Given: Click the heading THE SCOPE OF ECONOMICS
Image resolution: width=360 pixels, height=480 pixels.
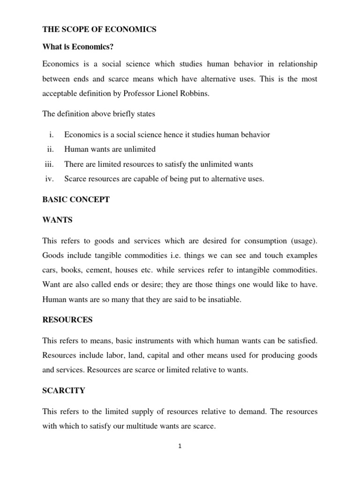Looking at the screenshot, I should [x=99, y=30].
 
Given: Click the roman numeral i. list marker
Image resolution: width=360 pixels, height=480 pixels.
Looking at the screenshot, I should [x=52, y=135].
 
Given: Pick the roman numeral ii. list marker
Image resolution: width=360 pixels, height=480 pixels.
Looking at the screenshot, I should [x=51, y=149].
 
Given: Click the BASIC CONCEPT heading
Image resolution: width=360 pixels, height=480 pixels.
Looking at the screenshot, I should [x=76, y=199].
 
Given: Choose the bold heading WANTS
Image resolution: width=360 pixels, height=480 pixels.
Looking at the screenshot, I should [x=57, y=219].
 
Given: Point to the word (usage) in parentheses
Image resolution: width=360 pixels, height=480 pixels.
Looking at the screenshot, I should [x=302, y=241].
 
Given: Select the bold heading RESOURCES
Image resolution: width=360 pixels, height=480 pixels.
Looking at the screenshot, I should [x=67, y=320].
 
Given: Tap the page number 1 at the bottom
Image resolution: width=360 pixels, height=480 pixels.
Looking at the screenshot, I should [x=180, y=446].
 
